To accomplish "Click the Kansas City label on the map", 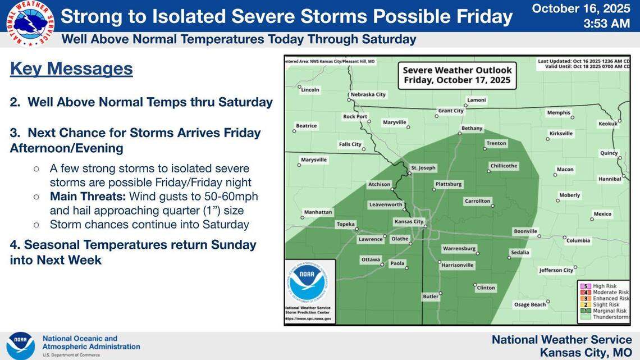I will (410, 222).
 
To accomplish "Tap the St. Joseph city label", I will (423, 168).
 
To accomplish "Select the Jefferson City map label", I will (556, 270).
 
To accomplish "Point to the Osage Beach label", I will (529, 304).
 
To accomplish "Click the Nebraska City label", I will (368, 95).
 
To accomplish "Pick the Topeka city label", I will (345, 224).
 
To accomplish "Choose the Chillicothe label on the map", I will (504, 166).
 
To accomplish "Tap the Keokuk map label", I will (607, 124).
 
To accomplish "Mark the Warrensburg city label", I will (459, 248).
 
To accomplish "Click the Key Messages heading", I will (71, 69).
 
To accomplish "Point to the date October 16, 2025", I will (580, 8).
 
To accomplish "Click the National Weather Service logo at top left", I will (30, 22).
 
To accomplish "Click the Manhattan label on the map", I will (318, 212).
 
